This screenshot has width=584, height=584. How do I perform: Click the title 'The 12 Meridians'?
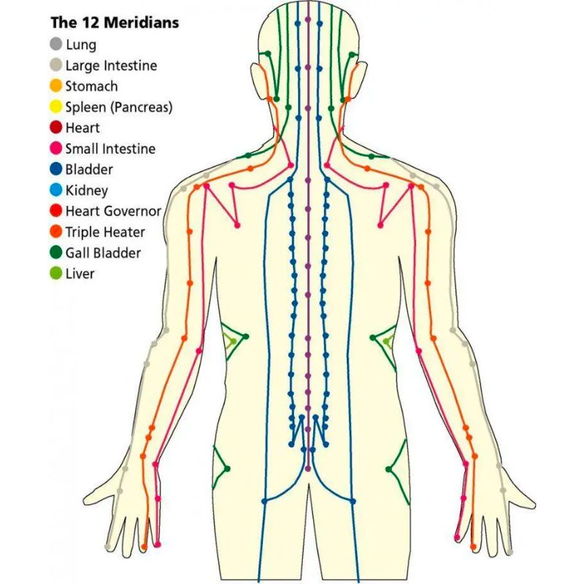(x=115, y=23)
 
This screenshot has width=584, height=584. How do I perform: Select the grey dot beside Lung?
(x=56, y=44)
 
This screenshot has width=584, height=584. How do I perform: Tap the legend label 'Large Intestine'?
(x=112, y=66)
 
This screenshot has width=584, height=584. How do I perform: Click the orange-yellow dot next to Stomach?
(x=56, y=85)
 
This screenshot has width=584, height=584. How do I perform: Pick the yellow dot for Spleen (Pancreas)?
(x=56, y=107)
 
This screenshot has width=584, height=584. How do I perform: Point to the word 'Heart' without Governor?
(x=82, y=128)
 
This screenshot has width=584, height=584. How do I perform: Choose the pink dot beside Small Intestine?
(x=56, y=148)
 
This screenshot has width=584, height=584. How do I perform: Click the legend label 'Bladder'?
(x=89, y=169)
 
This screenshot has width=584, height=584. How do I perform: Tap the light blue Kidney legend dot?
(x=56, y=190)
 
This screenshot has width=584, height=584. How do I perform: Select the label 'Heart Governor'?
(x=114, y=211)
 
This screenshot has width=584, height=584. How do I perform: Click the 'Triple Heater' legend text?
(x=105, y=232)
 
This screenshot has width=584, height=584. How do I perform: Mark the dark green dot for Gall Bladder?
(x=56, y=253)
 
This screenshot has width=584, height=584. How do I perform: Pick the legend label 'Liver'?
(x=80, y=274)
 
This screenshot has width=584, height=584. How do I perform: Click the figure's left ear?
(x=258, y=80)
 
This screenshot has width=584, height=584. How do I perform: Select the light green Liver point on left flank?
(x=234, y=341)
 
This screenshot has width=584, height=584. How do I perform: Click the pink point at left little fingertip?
(x=158, y=545)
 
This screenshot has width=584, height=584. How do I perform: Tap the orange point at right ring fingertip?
(x=473, y=547)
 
